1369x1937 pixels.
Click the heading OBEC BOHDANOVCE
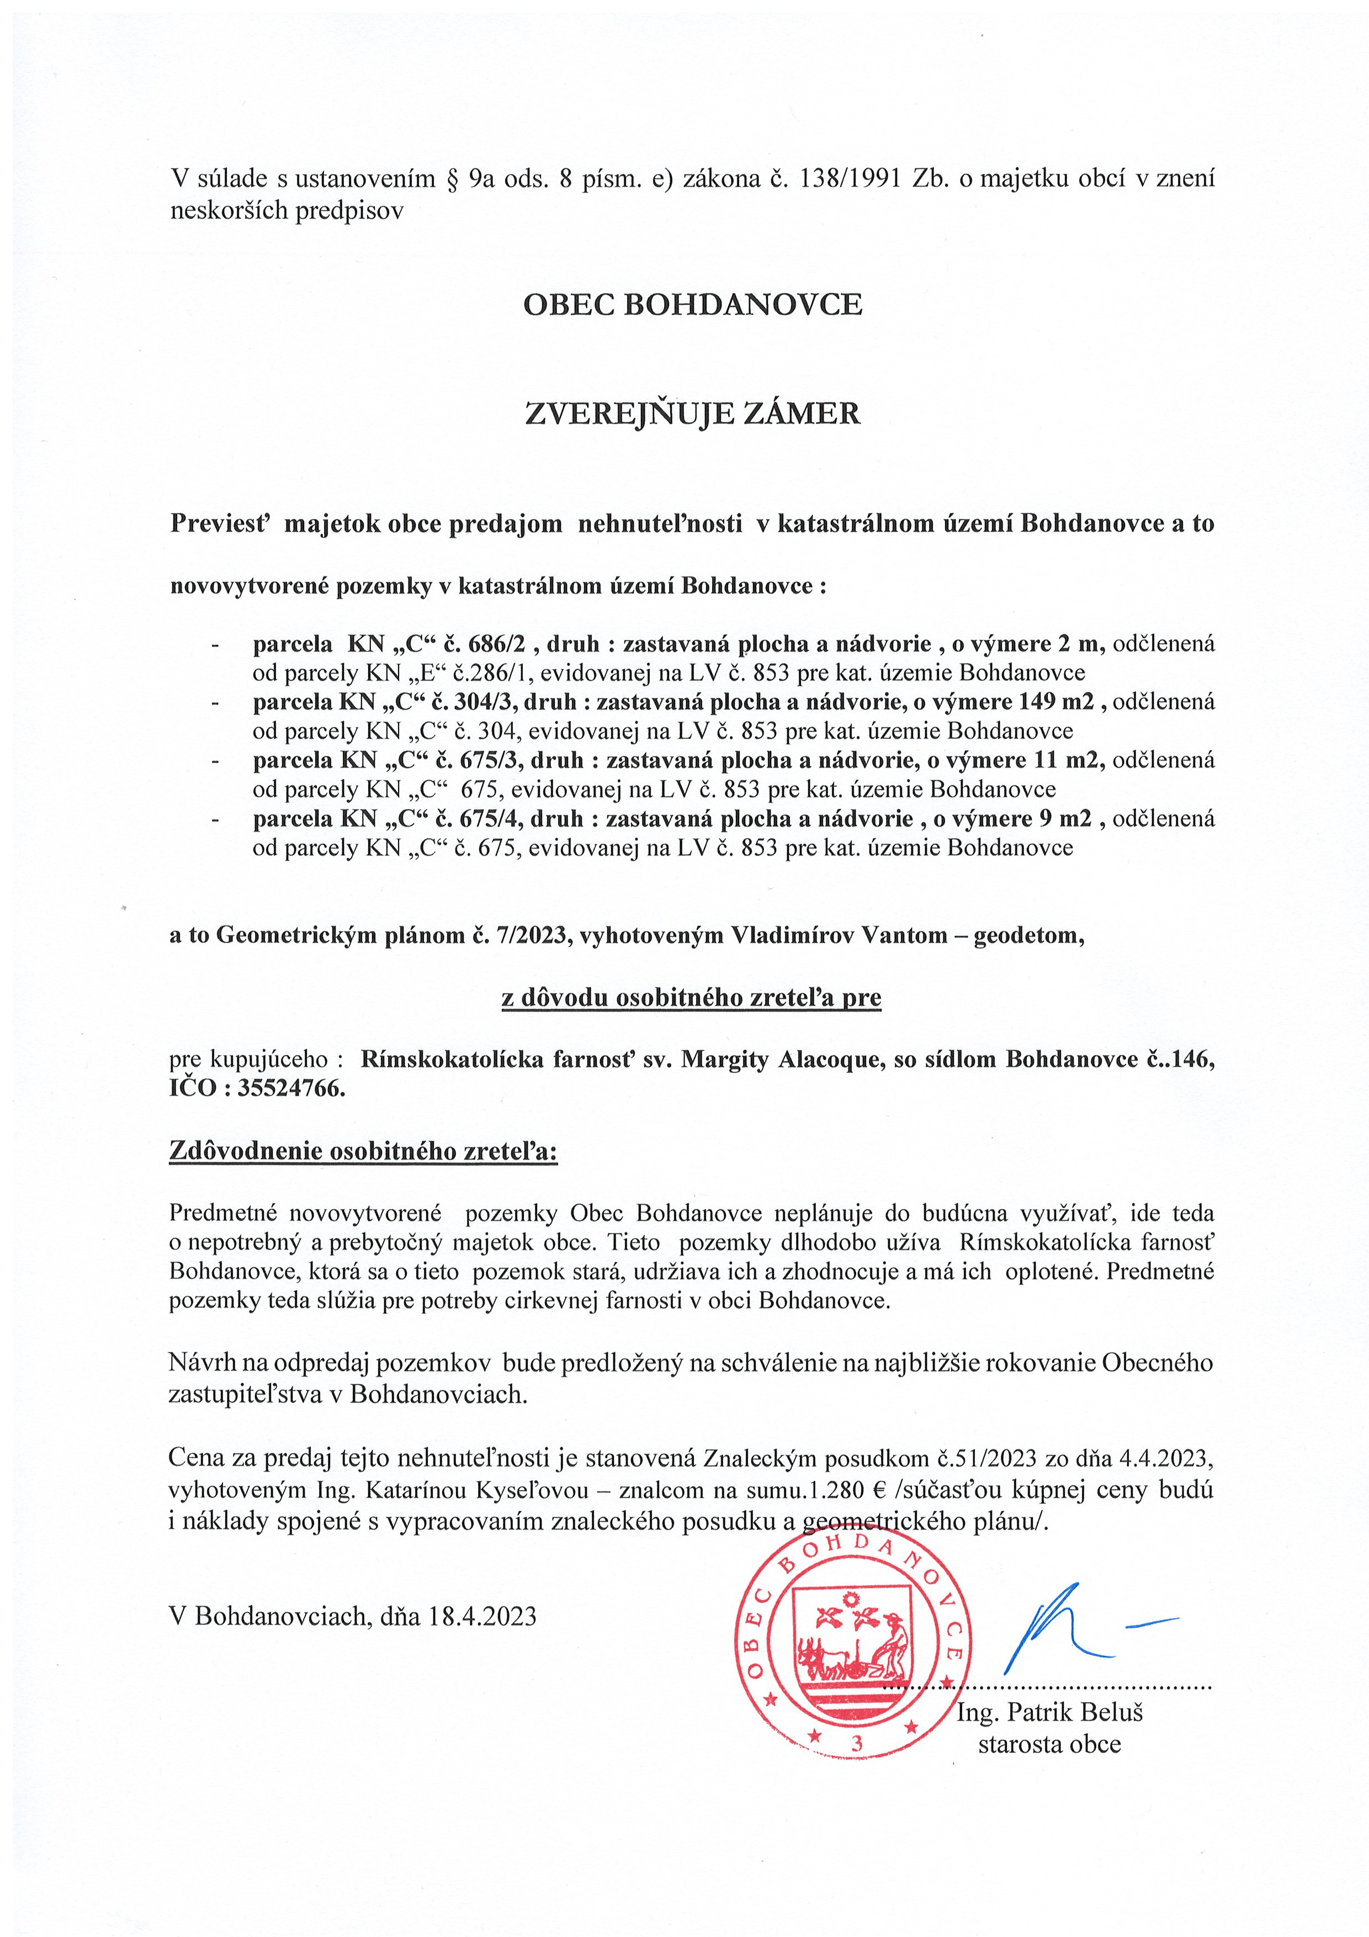693,305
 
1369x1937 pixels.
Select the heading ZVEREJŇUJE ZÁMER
693,414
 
